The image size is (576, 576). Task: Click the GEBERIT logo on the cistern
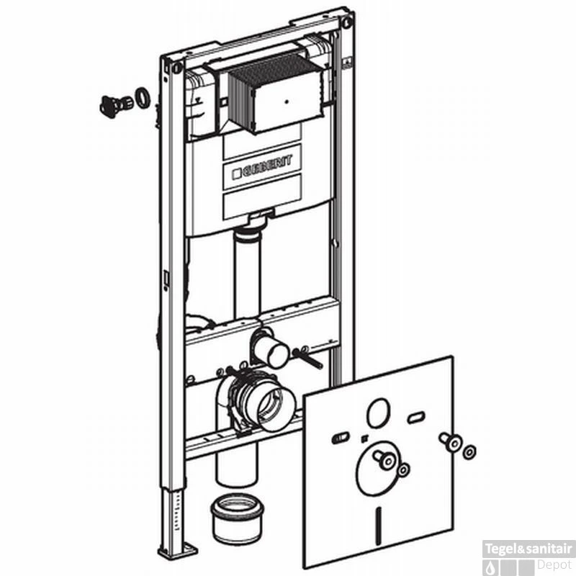pyautogui.click(x=262, y=168)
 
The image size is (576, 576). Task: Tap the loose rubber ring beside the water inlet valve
pyautogui.click(x=142, y=98)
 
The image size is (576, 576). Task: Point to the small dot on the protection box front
pyautogui.click(x=287, y=102)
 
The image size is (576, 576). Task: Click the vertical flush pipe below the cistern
pyautogui.click(x=247, y=273)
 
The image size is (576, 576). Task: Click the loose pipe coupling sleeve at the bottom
pyautogui.click(x=238, y=518)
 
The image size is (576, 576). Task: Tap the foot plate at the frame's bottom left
pyautogui.click(x=178, y=551)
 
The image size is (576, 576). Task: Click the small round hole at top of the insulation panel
pyautogui.click(x=378, y=413)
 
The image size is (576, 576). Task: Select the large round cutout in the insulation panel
pyautogui.click(x=377, y=468)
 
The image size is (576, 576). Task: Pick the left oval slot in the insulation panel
pyautogui.click(x=341, y=438)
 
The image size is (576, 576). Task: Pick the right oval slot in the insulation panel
pyautogui.click(x=416, y=418)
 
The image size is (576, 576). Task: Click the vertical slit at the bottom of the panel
pyautogui.click(x=379, y=526)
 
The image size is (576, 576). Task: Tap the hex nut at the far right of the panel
pyautogui.click(x=469, y=452)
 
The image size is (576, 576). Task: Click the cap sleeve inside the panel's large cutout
pyautogui.click(x=384, y=459)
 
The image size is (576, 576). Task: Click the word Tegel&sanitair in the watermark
pyautogui.click(x=528, y=549)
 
